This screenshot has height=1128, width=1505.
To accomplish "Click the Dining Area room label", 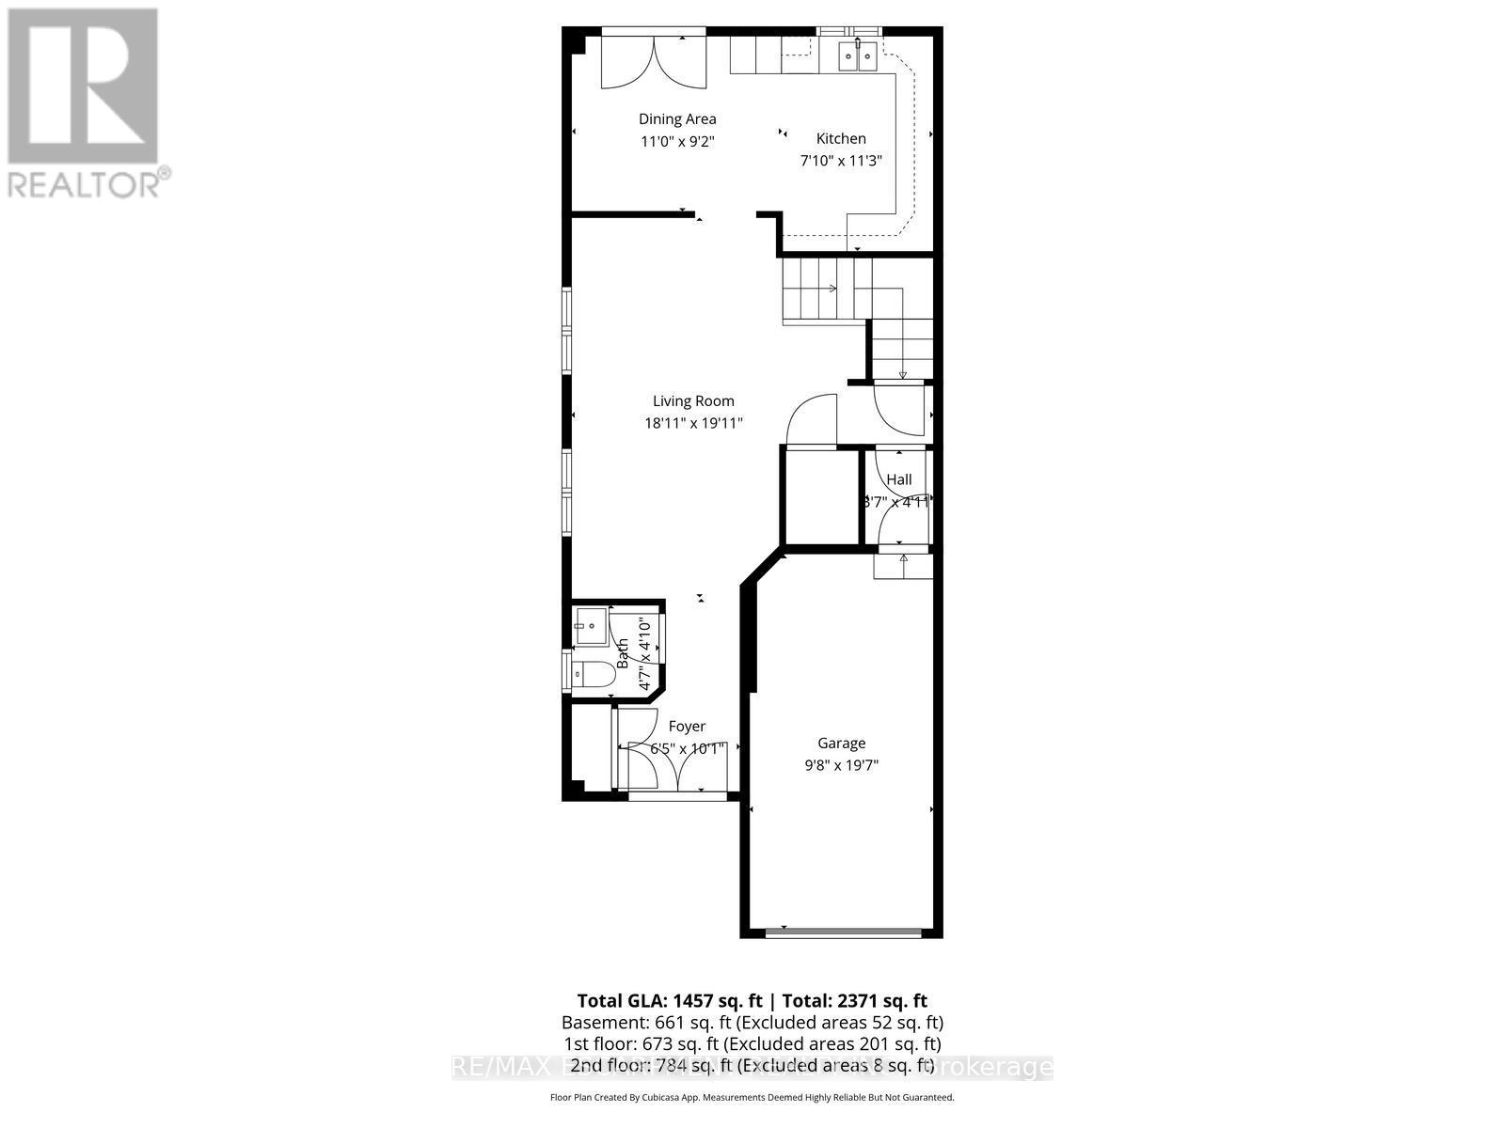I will pos(677,118).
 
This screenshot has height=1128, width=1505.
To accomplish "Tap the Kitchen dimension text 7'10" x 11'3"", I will pos(840,161).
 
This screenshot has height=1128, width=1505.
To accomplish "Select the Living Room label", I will pos(693,400).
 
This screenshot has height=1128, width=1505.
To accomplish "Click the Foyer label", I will pos(687,726).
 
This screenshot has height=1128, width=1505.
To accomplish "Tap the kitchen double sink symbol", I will pos(858,56).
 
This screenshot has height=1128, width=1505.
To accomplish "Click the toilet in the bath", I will pos(592,673).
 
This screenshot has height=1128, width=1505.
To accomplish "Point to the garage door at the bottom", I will pos(843,932).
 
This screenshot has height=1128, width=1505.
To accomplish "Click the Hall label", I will pos(899,479).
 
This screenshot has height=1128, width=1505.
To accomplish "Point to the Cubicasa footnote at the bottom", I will pos(752,1097).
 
